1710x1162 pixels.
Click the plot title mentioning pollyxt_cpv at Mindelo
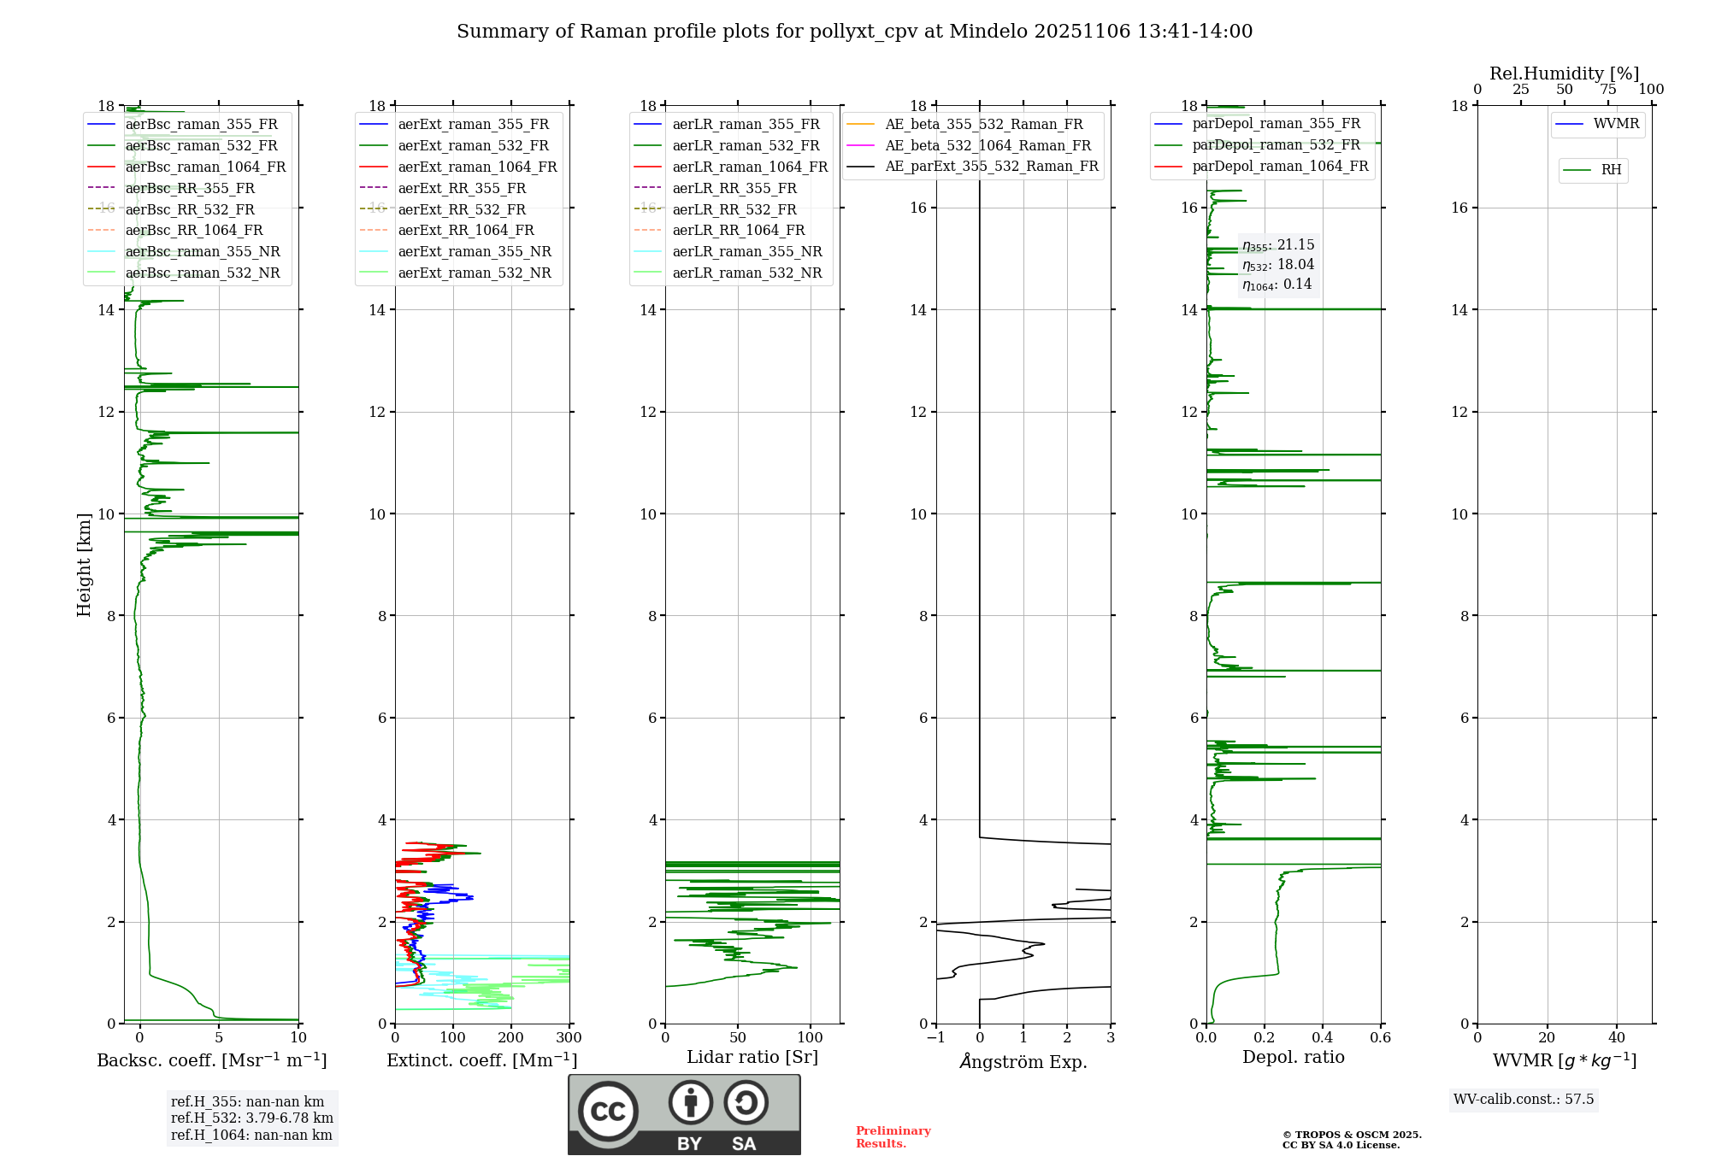[x=854, y=32]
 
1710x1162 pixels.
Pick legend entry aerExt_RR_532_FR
[x=462, y=209]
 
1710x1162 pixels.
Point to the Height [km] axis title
[x=84, y=564]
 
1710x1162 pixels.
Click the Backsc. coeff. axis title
[x=211, y=1060]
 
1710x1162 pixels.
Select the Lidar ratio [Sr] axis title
[x=752, y=1057]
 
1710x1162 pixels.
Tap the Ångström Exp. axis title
[x=1023, y=1061]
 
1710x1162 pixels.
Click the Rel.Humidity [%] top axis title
[x=1564, y=73]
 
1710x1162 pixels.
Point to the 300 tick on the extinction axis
[x=569, y=1038]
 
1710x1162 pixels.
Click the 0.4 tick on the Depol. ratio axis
[x=1322, y=1038]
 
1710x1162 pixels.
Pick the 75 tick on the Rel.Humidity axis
[x=1607, y=90]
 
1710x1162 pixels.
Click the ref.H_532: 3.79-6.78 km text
[x=251, y=1118]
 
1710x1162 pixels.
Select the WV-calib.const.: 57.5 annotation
[x=1524, y=1099]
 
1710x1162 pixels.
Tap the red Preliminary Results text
[x=893, y=1137]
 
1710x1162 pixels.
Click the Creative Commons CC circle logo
[x=608, y=1111]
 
